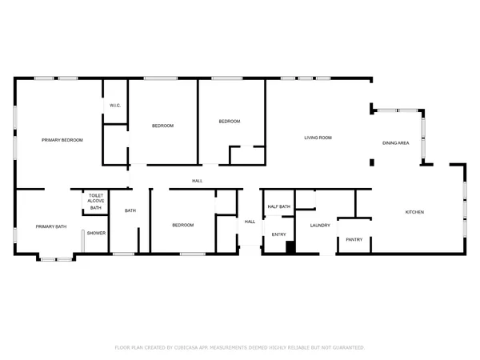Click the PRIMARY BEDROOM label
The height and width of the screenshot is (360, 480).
62,140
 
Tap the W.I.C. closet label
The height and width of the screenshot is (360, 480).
115,106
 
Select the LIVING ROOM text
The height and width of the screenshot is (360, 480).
318,138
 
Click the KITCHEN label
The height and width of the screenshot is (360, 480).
414,212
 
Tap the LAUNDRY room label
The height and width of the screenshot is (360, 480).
320,225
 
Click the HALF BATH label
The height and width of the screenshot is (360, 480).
278,206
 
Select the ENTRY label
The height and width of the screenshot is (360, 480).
278,234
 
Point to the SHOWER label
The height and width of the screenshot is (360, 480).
97,233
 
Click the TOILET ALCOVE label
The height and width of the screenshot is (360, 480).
96,198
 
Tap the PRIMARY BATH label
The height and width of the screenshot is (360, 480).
51,226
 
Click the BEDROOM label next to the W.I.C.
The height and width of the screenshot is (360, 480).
163,126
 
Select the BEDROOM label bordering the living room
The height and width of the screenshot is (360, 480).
230,121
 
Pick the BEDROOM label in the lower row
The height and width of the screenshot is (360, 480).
183,225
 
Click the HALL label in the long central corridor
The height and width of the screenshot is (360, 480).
197,181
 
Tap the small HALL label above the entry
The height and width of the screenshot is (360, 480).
250,222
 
